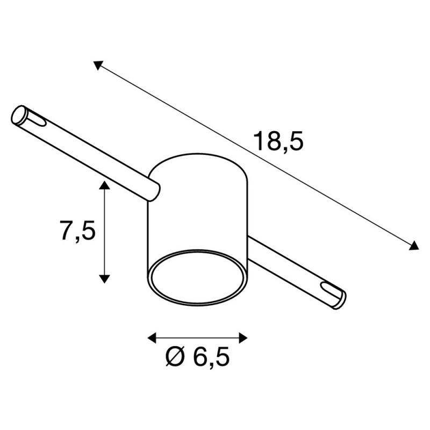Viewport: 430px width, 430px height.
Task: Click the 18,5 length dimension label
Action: [x=278, y=141]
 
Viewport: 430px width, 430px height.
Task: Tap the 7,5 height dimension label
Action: [x=77, y=232]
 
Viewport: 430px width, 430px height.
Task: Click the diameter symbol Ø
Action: [x=176, y=356]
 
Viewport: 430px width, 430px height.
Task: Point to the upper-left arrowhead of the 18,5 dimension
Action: [x=97, y=65]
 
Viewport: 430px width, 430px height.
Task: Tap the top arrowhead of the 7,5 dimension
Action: [x=104, y=185]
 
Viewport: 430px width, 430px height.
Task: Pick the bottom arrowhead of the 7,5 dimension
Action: [x=104, y=278]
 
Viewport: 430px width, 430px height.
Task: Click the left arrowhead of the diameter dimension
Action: [x=152, y=338]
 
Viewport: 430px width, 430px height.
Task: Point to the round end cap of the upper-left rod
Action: [x=19, y=114]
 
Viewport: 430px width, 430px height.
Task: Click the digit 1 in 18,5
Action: [x=260, y=141]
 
